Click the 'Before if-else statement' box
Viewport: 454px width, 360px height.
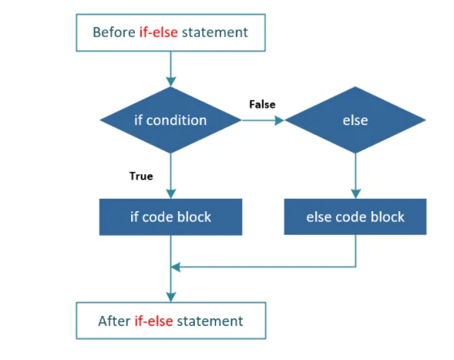point(170,32)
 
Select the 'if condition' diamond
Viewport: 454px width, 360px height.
point(170,120)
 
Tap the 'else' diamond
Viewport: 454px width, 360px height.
point(355,120)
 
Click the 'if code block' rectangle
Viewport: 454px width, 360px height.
point(170,217)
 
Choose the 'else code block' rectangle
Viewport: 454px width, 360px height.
point(355,217)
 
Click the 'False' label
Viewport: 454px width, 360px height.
point(262,104)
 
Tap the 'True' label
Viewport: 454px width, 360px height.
point(140,176)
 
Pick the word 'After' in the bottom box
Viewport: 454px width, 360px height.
point(114,321)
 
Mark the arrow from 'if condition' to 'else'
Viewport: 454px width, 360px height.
point(263,120)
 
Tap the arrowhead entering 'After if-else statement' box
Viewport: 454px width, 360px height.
point(170,296)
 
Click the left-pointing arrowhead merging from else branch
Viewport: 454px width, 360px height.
point(176,267)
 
